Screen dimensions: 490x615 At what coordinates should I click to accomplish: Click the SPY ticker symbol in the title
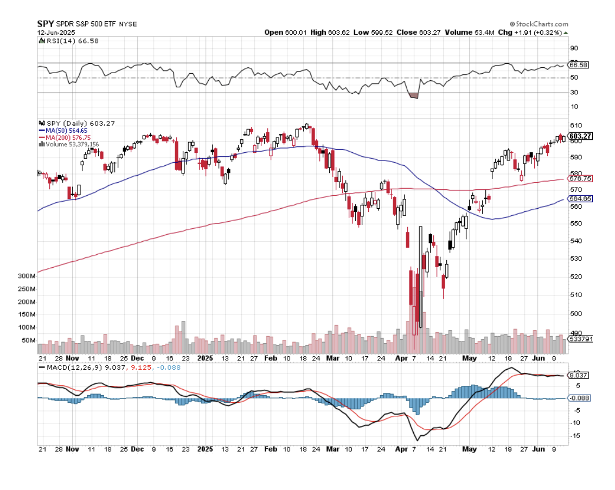coord(46,24)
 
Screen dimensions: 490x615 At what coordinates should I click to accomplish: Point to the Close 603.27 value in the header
coord(415,33)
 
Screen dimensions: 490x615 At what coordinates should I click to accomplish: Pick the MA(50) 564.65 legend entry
coord(63,131)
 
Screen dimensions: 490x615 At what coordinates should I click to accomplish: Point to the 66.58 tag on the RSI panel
coord(578,65)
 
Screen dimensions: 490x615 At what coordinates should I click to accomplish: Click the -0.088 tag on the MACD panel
coord(579,398)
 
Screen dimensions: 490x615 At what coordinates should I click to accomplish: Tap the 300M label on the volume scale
coord(27,276)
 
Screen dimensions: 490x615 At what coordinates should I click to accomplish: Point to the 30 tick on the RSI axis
coord(573,93)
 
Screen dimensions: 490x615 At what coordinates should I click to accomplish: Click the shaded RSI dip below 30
coord(414,96)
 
